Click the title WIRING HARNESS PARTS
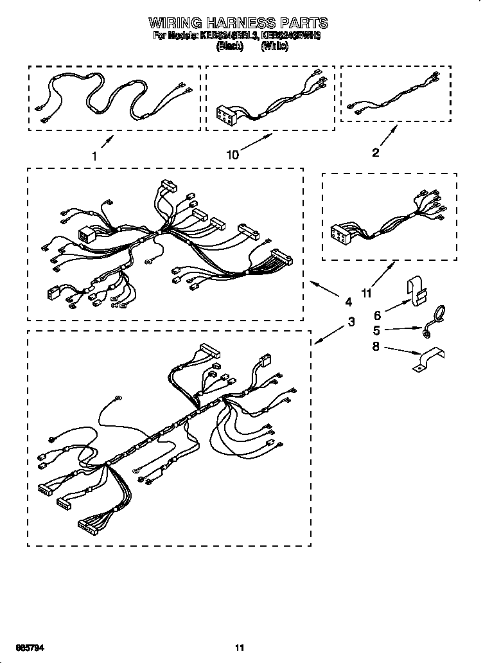238,23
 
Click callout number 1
94,155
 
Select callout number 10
233,155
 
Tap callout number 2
376,152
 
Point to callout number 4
348,301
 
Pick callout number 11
367,294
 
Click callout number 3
351,323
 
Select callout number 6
377,315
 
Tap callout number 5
377,331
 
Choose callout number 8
377,347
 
